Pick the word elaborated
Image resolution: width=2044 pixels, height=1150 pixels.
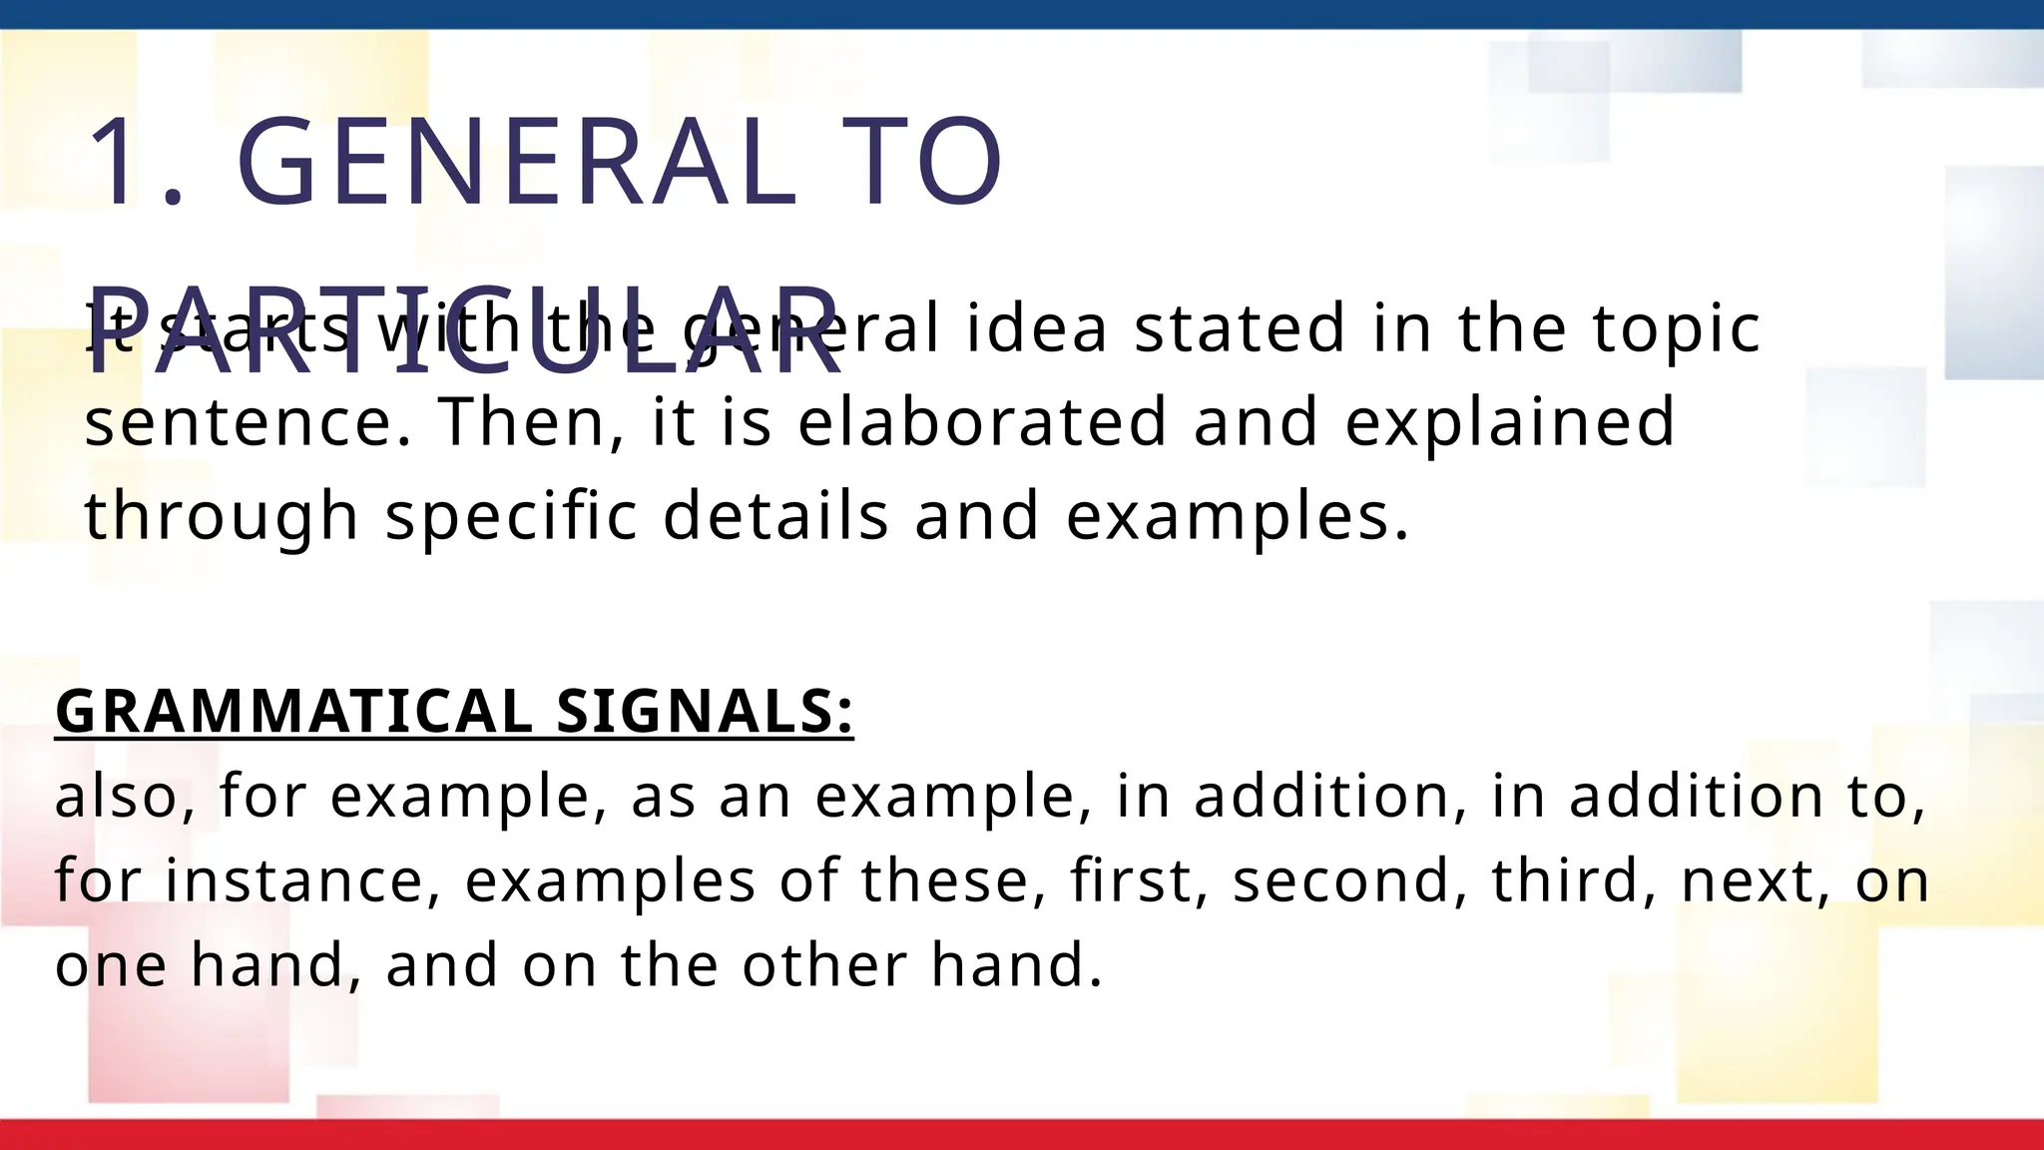(x=982, y=421)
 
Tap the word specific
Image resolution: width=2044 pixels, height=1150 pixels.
(x=511, y=517)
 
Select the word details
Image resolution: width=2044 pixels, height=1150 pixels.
(x=775, y=515)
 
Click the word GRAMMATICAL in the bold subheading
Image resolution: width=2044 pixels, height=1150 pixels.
(x=293, y=712)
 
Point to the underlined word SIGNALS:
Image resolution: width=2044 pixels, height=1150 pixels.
(x=705, y=712)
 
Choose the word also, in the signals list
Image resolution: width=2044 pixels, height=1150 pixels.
(x=125, y=797)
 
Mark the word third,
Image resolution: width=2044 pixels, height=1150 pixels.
(x=1572, y=880)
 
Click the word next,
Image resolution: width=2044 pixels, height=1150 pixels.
(x=1756, y=880)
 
